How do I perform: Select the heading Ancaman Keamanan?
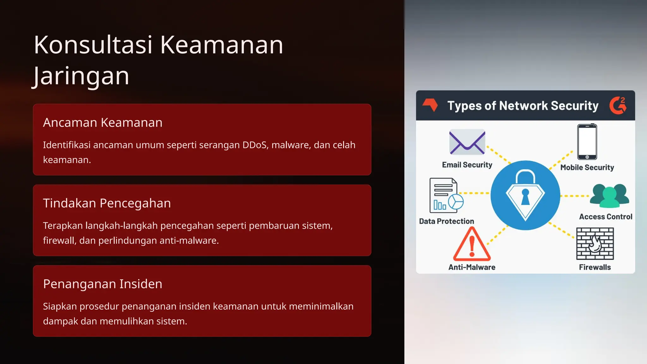(x=103, y=123)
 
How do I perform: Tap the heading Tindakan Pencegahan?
(x=107, y=203)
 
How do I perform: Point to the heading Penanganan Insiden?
(x=103, y=284)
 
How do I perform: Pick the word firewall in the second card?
(x=60, y=240)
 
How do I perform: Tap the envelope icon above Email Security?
(x=467, y=142)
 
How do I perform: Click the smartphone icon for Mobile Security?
(x=587, y=142)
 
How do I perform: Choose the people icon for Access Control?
(x=609, y=196)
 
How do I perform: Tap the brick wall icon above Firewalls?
(x=595, y=244)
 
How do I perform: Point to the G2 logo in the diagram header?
(x=618, y=106)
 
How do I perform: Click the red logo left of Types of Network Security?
(x=430, y=105)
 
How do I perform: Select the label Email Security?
(x=467, y=165)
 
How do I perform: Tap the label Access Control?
(x=606, y=217)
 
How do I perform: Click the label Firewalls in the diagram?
(x=595, y=267)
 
